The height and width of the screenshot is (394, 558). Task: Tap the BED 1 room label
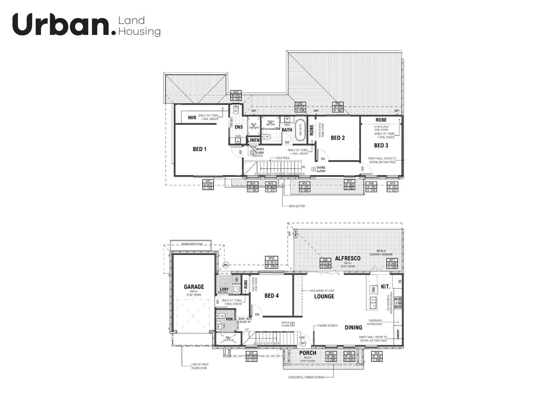pos(200,149)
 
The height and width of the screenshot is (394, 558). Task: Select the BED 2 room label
pos(338,138)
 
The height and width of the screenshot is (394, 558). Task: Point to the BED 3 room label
pos(381,145)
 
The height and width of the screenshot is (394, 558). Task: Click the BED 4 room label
pos(271,295)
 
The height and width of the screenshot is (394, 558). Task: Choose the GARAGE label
pos(194,287)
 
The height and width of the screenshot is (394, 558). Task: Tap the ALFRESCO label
pos(348,258)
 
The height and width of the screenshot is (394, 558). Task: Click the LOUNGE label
pos(324,296)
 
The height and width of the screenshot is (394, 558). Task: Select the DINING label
pos(353,328)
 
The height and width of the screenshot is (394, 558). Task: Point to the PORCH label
pos(307,353)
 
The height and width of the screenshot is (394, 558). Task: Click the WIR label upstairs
pos(192,117)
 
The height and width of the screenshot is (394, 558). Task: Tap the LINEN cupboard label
pos(253,140)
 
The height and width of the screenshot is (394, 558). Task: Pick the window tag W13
pos(208,185)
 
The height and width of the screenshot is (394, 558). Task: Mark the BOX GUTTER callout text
pos(297,206)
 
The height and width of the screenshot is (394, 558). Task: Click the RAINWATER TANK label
pos(192,244)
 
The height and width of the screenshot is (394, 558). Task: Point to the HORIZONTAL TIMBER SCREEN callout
pos(306,377)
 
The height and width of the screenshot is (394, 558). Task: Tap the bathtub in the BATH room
pos(300,127)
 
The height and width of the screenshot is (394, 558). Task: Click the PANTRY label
pos(398,334)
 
